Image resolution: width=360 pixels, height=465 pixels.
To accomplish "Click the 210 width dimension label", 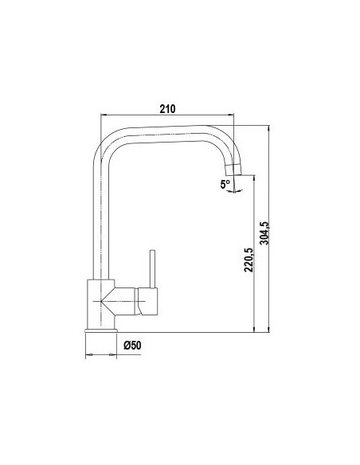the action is pyautogui.click(x=167, y=109).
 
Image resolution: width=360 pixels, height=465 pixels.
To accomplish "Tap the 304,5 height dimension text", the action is pyautogui.click(x=264, y=233).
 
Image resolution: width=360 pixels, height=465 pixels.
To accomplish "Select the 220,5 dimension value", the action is pyautogui.click(x=248, y=260).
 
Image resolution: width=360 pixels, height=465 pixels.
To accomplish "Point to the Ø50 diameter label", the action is pyautogui.click(x=132, y=346).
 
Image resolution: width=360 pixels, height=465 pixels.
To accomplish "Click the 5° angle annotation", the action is pyautogui.click(x=225, y=185).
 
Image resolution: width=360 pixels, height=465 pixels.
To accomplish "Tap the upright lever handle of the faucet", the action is pyautogui.click(x=152, y=269).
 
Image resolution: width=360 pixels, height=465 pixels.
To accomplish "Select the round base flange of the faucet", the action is pyautogui.click(x=101, y=330).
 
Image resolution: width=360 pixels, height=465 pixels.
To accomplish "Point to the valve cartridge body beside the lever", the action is pyautogui.click(x=147, y=301).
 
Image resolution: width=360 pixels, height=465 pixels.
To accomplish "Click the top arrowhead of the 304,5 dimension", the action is pyautogui.click(x=268, y=128).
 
